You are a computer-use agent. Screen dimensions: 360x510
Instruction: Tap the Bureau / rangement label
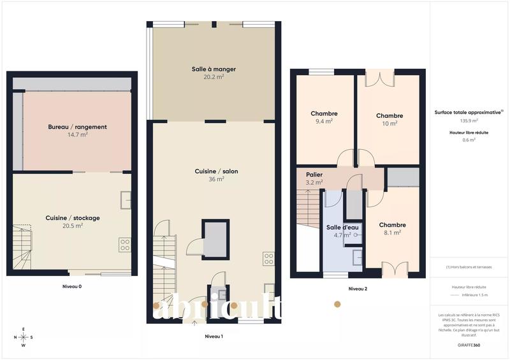click(x=77, y=127)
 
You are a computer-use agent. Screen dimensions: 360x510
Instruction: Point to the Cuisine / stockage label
click(x=73, y=218)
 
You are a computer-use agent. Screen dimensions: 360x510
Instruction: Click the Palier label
click(x=314, y=174)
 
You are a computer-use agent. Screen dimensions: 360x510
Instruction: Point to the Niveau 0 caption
click(x=71, y=286)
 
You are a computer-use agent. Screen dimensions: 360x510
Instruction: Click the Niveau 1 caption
click(x=214, y=335)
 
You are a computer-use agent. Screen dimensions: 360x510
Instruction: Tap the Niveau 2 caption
click(x=358, y=289)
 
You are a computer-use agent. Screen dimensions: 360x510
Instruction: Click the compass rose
click(x=24, y=337)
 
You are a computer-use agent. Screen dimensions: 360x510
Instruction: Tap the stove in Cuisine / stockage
click(x=125, y=244)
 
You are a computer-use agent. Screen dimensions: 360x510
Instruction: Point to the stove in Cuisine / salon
click(x=268, y=259)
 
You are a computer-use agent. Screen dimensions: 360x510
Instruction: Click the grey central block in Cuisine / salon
click(x=214, y=238)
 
